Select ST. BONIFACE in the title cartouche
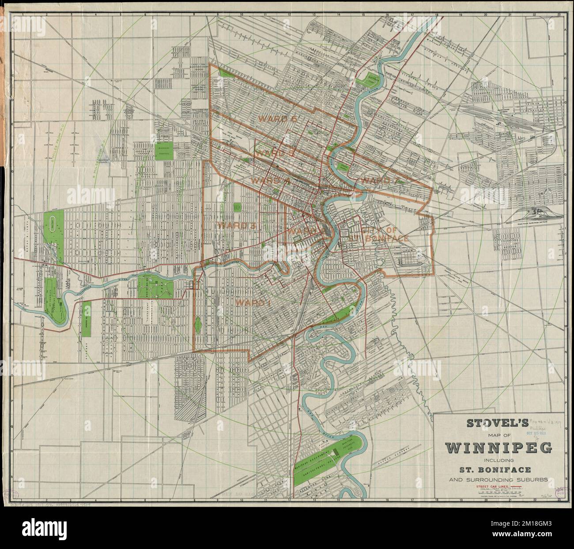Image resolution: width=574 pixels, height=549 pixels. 499,469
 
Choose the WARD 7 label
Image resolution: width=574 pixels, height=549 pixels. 375,180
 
